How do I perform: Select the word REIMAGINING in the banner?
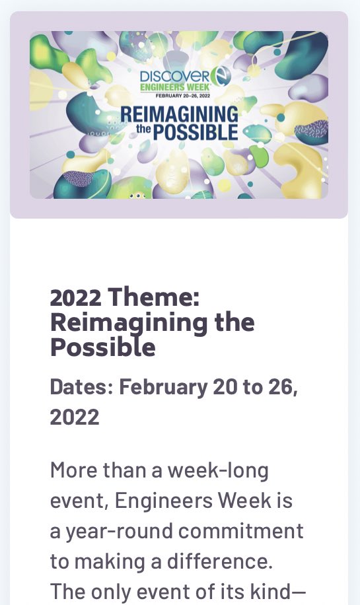tap(179, 114)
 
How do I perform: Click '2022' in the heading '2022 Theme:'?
tap(75, 299)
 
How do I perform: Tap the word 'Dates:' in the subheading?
tap(81, 387)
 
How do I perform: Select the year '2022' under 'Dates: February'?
tap(75, 417)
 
